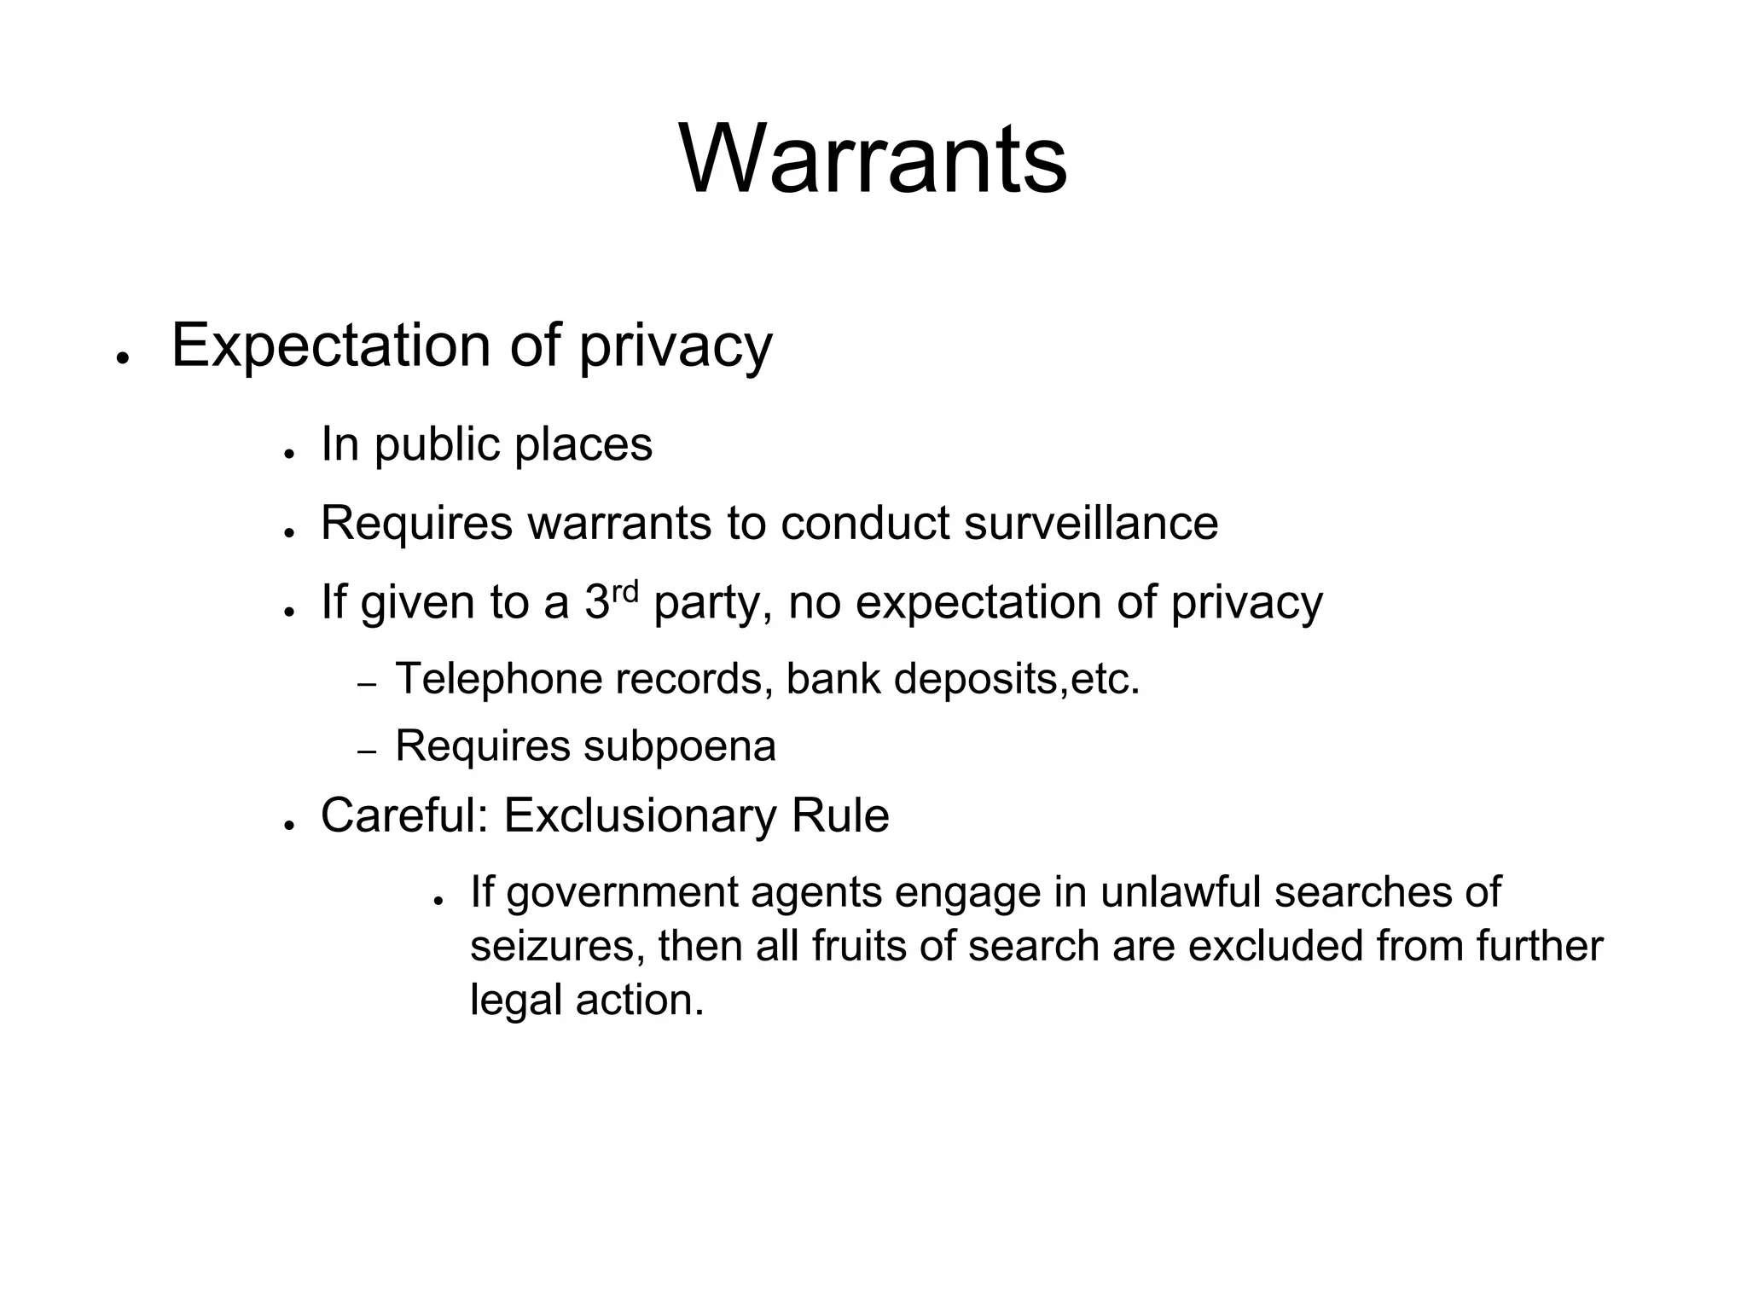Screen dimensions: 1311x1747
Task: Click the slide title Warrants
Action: pyautogui.click(x=873, y=160)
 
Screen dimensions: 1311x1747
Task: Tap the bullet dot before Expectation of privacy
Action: pyautogui.click(x=123, y=357)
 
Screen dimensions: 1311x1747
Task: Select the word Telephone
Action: pyautogui.click(x=498, y=680)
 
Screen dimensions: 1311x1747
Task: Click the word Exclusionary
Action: pyautogui.click(x=640, y=815)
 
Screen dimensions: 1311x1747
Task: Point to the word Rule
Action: pyautogui.click(x=840, y=815)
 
